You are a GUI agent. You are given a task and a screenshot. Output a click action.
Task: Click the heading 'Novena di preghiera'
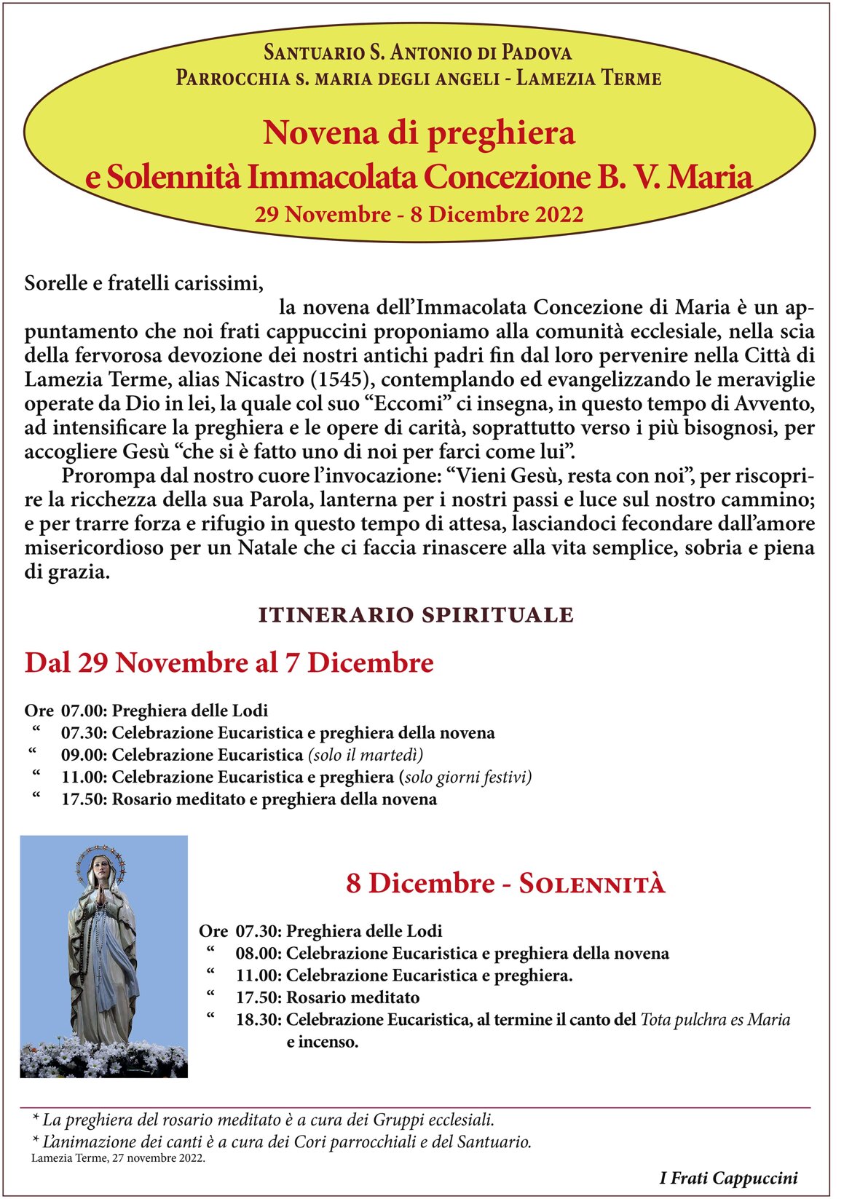coord(419,132)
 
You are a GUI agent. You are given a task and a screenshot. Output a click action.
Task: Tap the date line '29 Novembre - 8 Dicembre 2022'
coord(419,215)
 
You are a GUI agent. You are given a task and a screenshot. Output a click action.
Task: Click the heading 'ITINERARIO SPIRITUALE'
coord(416,615)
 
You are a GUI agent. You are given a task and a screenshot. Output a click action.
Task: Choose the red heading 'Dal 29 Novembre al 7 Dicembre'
coord(229,663)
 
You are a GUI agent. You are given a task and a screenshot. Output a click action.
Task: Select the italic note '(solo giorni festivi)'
coord(465,777)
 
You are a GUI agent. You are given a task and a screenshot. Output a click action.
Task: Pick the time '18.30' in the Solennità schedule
coord(258,1020)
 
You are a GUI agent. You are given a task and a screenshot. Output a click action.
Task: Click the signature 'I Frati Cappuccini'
coord(728,1178)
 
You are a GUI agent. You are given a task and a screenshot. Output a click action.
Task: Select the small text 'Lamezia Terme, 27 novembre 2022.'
coord(118,1158)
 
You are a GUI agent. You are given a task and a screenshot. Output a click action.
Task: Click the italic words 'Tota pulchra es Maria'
coord(715,1020)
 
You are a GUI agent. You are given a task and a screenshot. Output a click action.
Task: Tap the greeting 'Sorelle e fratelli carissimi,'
coord(143,283)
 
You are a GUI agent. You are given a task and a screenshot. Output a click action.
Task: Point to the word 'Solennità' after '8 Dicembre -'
coord(591,884)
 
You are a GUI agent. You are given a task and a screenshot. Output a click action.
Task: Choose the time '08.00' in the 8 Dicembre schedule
coord(258,954)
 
